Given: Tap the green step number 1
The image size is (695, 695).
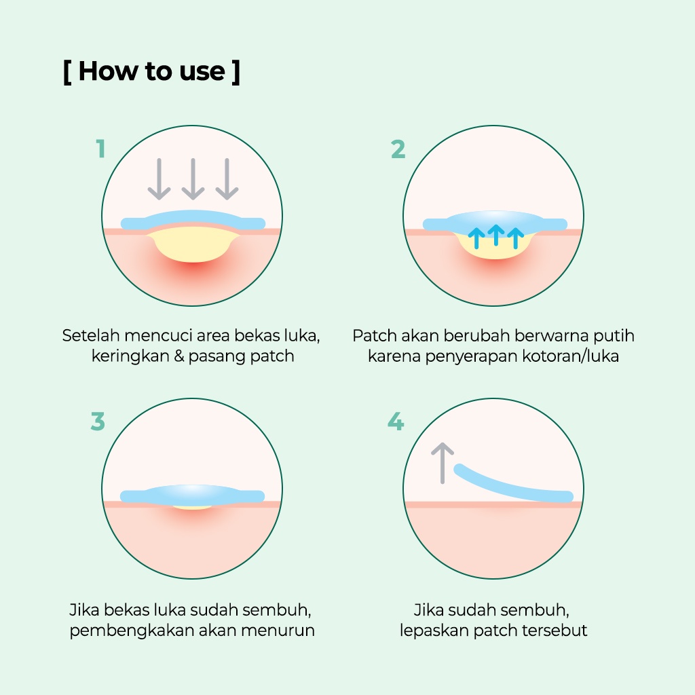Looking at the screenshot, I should pyautogui.click(x=100, y=149).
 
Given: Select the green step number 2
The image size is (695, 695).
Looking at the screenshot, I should pyautogui.click(x=398, y=149).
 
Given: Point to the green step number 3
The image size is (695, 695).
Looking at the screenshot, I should pyautogui.click(x=98, y=421).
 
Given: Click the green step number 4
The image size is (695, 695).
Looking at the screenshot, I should pyautogui.click(x=395, y=422).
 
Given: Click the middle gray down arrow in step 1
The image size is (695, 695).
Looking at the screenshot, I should pyautogui.click(x=193, y=179).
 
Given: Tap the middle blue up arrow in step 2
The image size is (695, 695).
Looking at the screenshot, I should pyautogui.click(x=496, y=235).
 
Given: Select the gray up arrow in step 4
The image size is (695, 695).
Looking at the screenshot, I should pyautogui.click(x=443, y=463).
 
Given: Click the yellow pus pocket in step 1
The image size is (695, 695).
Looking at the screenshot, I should pyautogui.click(x=193, y=246).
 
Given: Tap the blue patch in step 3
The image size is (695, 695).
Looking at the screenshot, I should pyautogui.click(x=192, y=495).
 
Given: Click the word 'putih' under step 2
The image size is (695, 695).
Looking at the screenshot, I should pyautogui.click(x=614, y=335).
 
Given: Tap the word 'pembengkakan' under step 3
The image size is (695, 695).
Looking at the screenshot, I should pyautogui.click(x=131, y=630).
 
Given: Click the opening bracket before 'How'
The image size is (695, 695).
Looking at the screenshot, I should pyautogui.click(x=67, y=71).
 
